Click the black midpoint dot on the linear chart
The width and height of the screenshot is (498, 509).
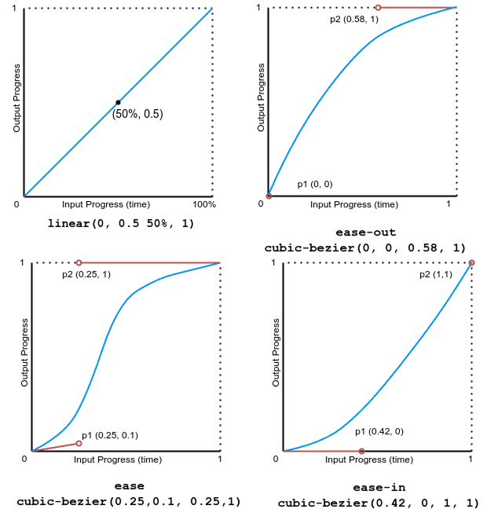pos(118,102)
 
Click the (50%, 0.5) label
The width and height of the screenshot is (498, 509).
pos(137,114)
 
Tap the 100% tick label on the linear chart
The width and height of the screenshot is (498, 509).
pos(204,205)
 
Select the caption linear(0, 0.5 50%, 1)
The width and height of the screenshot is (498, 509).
pos(121,224)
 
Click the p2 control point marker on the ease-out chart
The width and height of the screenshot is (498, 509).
pos(378,8)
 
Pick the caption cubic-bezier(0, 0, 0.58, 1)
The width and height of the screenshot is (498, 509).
pos(365,247)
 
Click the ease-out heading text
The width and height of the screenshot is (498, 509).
pos(365,233)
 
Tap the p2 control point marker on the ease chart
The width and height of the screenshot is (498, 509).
pos(79,262)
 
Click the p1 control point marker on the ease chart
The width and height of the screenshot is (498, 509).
pos(79,444)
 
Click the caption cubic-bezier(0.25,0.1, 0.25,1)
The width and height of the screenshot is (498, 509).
pos(129,501)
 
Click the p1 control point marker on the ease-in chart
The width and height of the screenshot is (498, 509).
pos(361,451)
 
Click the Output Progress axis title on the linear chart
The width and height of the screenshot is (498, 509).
pos(16,102)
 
